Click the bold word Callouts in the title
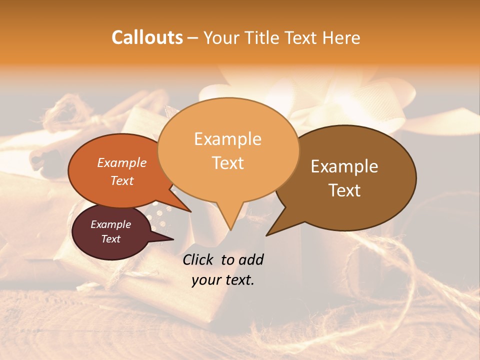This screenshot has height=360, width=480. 147,37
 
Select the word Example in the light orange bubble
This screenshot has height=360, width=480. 227,139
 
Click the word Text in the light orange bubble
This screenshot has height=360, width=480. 227,163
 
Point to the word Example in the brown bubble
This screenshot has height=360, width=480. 344,166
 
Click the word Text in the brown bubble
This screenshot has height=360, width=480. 344,190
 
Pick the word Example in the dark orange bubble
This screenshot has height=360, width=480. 122,162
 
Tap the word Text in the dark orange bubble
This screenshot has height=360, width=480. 122,180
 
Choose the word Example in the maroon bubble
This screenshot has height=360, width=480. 111,224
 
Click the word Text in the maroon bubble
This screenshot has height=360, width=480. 111,239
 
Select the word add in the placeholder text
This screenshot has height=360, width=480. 251,259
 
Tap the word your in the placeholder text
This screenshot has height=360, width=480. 205,280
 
